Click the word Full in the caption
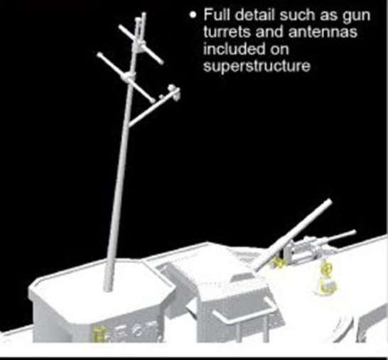215,16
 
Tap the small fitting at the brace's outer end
173,90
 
